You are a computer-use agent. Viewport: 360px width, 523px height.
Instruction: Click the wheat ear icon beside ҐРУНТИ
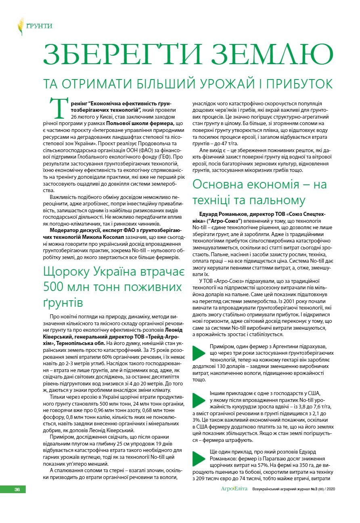tap(21, 26)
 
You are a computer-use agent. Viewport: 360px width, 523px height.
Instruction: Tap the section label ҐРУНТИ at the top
tap(39, 26)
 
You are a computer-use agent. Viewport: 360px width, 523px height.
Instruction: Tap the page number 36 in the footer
tap(17, 490)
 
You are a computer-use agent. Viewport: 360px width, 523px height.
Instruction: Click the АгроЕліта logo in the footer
tap(234, 489)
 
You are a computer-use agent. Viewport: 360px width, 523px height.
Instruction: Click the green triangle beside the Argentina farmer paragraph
tap(199, 353)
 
